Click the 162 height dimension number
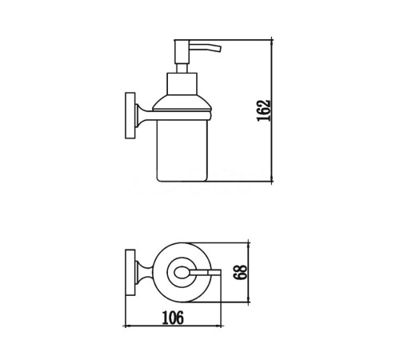(x=263, y=110)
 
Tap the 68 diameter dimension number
(x=240, y=272)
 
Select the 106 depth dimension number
(x=173, y=318)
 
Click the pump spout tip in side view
(x=219, y=49)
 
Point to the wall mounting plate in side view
(x=130, y=115)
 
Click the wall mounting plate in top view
(x=130, y=273)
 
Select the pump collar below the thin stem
(x=182, y=83)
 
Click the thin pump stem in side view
(x=182, y=68)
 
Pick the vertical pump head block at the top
(x=182, y=52)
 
